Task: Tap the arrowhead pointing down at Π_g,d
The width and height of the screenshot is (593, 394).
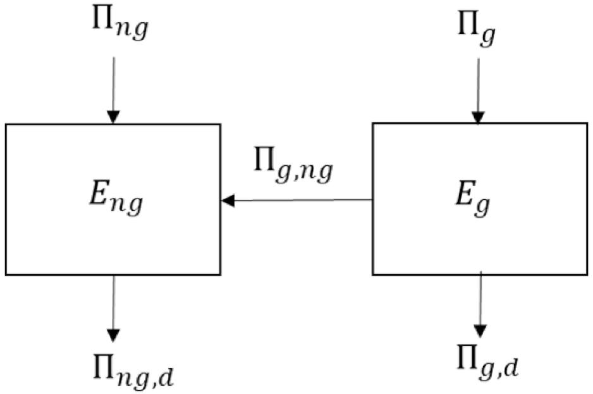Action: click(x=481, y=331)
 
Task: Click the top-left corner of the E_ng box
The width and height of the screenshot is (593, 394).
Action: click(x=6, y=125)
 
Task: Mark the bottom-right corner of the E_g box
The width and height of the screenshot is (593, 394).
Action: click(x=587, y=274)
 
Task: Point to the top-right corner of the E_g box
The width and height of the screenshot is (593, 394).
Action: click(x=587, y=123)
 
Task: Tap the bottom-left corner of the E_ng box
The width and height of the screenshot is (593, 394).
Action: click(x=6, y=274)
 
